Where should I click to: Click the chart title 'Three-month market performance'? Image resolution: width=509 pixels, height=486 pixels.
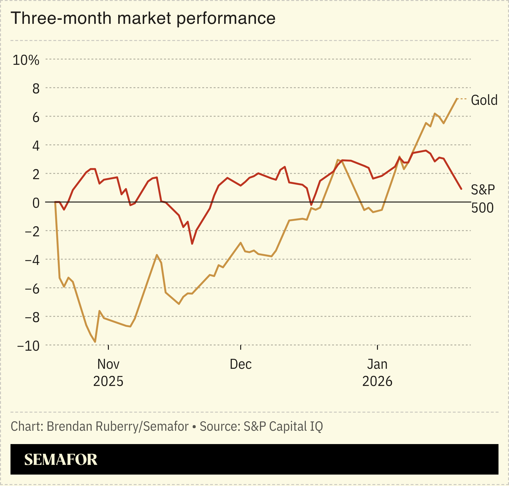coord(143,18)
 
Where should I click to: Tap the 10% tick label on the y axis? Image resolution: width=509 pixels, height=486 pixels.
coord(26,60)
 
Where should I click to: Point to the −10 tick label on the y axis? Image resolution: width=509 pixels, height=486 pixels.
coord(28,346)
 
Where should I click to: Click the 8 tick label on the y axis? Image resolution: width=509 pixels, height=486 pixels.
coord(36,89)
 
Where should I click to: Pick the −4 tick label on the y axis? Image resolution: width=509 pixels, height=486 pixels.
coord(32,260)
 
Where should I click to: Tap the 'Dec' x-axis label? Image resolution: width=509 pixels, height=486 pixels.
coord(241,364)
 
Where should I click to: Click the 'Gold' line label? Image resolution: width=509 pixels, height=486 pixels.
coord(484,100)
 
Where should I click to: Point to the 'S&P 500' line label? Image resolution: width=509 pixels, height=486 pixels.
coord(482,199)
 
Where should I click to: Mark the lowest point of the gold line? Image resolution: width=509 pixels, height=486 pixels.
coord(95,342)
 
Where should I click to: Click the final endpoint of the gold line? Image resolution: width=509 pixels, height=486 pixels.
coord(457,99)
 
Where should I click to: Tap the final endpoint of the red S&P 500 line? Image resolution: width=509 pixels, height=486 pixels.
coord(461,189)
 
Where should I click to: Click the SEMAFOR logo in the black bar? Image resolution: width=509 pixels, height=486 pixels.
coord(61,460)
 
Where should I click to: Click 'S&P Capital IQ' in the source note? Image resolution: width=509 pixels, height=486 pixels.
coord(283,426)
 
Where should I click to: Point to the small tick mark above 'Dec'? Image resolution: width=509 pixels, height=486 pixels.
coord(241,347)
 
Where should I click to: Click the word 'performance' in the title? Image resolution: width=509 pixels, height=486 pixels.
coord(226,18)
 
